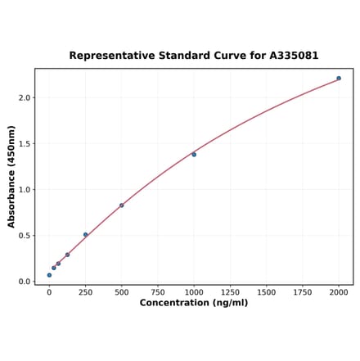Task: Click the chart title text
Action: click(193, 56)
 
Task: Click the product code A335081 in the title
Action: click(290, 56)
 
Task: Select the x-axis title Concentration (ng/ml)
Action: click(193, 303)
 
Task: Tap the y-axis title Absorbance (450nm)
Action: click(11, 177)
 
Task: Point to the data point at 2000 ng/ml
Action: click(339, 79)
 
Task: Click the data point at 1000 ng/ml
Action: click(194, 155)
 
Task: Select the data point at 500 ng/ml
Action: click(122, 205)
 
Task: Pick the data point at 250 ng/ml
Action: click(85, 235)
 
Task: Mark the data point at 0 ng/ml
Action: click(49, 275)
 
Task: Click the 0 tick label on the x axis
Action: click(49, 291)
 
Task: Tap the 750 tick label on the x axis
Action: click(158, 291)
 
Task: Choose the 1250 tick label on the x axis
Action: click(230, 291)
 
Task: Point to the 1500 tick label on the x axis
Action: click(266, 291)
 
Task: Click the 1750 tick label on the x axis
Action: click(303, 291)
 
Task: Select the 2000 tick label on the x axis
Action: click(339, 291)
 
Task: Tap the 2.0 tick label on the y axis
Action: click(25, 98)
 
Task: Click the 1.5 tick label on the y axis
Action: click(25, 144)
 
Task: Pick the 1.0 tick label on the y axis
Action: click(25, 190)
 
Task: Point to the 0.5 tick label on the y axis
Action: click(25, 236)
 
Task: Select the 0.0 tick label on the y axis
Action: click(25, 282)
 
